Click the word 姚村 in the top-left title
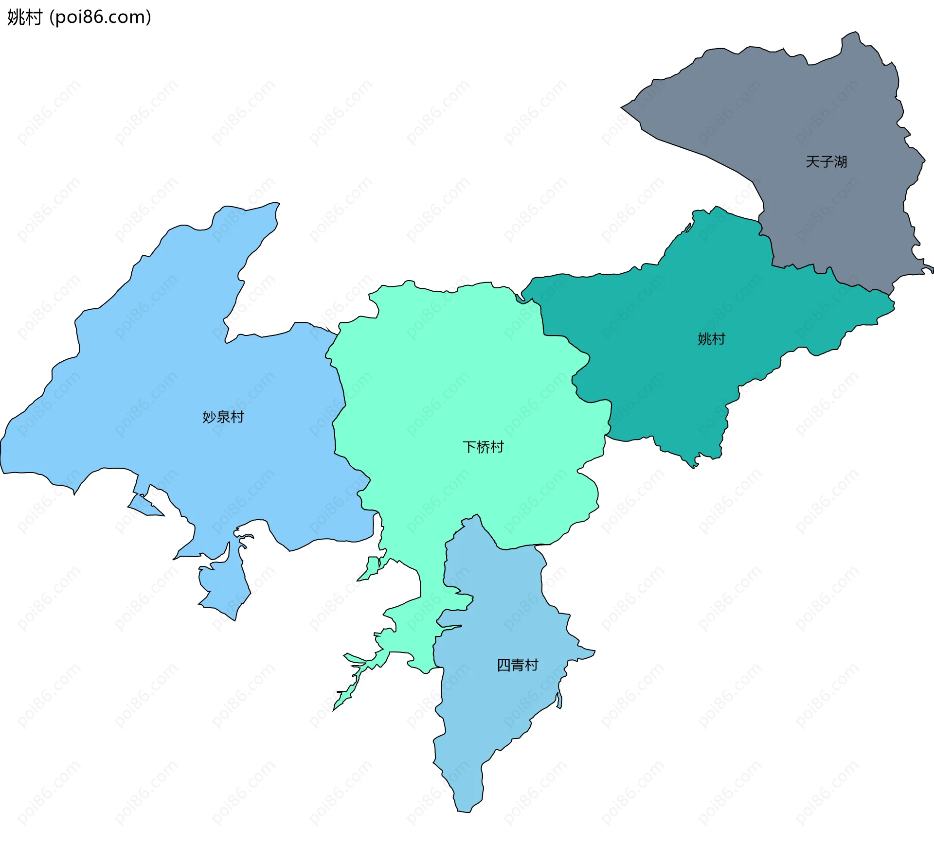pos(25,18)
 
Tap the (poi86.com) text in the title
pos(100,18)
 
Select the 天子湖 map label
pos(826,162)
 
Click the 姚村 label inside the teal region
pos(711,339)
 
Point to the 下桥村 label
pos(483,447)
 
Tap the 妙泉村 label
pos(223,417)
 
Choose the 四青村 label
pos(518,665)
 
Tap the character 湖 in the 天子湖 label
pos(840,162)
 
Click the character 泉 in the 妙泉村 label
pos(223,417)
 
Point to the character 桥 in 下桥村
pos(483,447)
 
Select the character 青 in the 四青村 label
pos(518,665)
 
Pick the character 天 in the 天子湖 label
pos(812,162)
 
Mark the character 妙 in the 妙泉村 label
pos(209,417)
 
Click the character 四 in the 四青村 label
pos(504,665)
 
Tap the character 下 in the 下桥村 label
pos(469,447)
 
